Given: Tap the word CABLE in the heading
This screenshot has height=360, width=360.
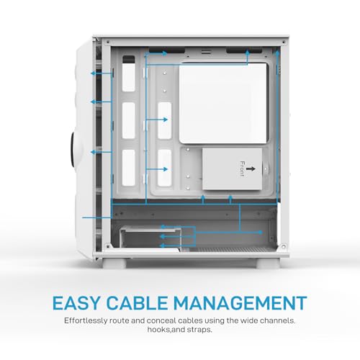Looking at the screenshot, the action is pyautogui.click(x=137, y=302).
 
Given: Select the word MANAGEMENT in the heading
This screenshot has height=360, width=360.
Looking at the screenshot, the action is pyautogui.click(x=240, y=302).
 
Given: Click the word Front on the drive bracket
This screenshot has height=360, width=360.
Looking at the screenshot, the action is pyautogui.click(x=243, y=168).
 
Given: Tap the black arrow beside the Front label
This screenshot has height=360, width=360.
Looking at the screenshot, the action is pyautogui.click(x=251, y=169).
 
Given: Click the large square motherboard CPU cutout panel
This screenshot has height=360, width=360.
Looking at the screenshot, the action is pyautogui.click(x=223, y=103).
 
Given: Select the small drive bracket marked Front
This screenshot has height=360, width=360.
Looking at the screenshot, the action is pyautogui.click(x=232, y=169).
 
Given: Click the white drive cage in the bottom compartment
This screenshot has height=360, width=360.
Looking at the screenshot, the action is pyautogui.click(x=150, y=239).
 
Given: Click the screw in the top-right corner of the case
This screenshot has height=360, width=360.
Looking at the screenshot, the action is pyautogui.click(x=284, y=42).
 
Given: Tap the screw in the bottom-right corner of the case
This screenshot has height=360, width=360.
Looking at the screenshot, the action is pyautogui.click(x=283, y=246).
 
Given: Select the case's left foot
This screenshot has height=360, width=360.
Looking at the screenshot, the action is pyautogui.click(x=114, y=263).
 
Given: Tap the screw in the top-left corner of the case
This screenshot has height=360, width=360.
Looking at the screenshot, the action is pyautogui.click(x=107, y=42).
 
